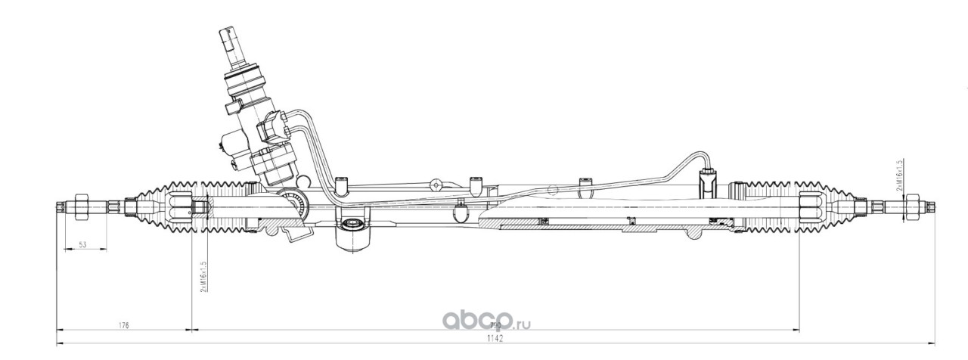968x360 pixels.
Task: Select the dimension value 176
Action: tap(124, 325)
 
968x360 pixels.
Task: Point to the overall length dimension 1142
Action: tap(495, 340)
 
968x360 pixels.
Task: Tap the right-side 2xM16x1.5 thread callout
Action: tap(900, 175)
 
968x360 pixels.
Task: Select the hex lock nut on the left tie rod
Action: tap(82, 206)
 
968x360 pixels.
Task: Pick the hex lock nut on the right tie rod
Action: tap(912, 206)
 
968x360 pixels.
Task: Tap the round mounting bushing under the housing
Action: tap(350, 225)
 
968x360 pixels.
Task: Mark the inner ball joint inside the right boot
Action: tap(810, 206)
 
